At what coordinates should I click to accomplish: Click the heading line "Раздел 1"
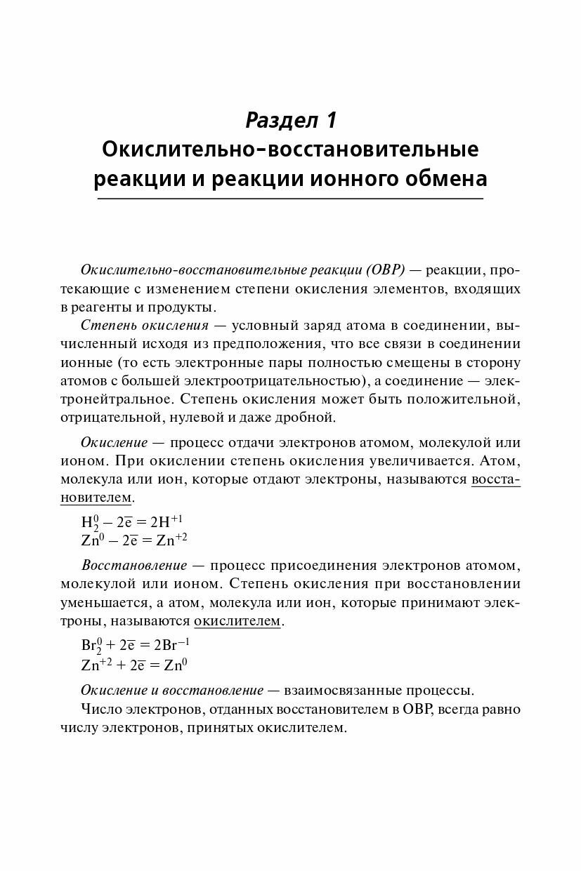291,120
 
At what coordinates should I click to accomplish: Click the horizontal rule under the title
290,199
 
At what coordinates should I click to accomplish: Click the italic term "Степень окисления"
145,326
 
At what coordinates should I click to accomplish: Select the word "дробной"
308,417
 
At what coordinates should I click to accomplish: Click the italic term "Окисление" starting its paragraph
114,443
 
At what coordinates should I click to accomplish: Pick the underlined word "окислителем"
237,621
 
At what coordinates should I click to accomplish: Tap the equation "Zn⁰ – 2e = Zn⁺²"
134,540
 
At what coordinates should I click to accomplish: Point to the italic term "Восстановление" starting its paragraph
134,566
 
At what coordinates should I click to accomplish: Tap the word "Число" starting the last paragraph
100,709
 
